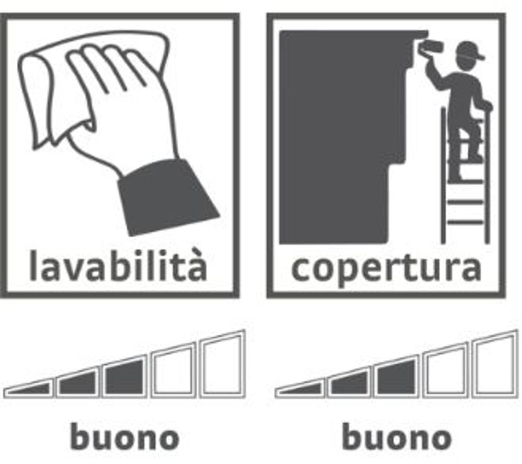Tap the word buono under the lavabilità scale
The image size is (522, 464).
[125, 437]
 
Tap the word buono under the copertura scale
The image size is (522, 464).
[397, 437]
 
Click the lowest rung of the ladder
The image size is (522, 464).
[466, 222]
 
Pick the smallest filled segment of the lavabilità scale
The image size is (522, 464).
[29, 389]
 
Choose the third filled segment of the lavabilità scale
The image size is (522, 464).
[125, 377]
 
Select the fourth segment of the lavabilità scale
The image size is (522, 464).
[173, 370]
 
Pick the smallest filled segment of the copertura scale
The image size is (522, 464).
[300, 389]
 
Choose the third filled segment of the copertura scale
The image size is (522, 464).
[397, 377]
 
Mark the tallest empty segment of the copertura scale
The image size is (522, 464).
[495, 364]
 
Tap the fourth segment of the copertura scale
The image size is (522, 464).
[445, 370]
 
